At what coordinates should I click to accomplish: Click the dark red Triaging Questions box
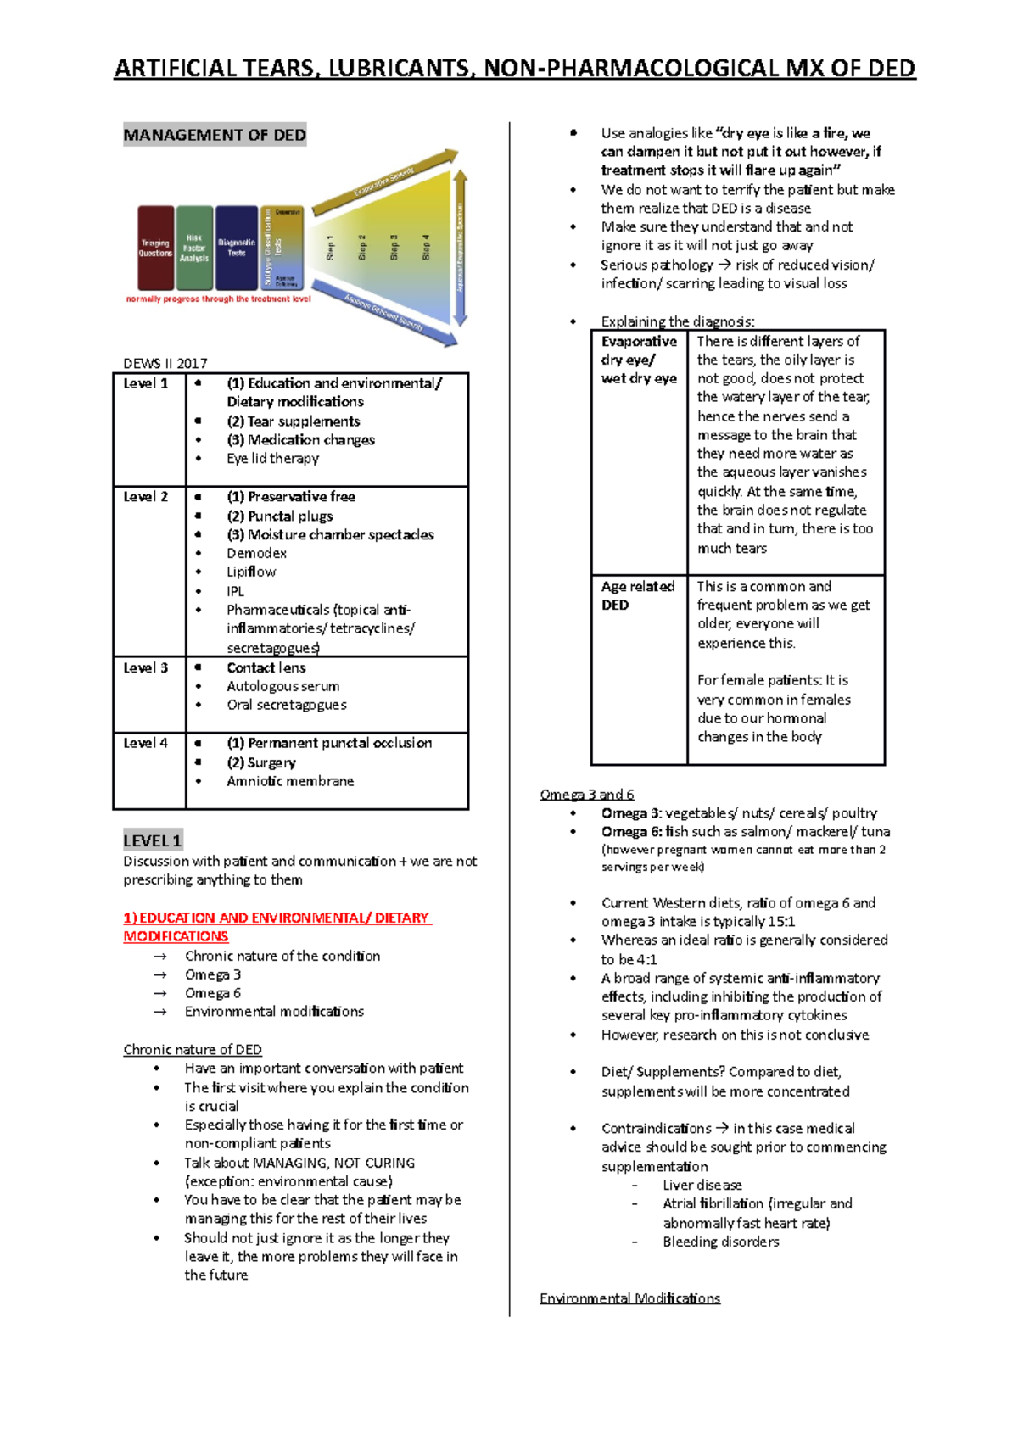point(155,247)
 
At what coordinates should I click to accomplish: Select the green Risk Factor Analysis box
point(194,248)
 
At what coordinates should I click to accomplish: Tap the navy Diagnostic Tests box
point(236,247)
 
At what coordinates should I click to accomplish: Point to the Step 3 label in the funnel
point(394,247)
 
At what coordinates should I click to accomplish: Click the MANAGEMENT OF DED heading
point(215,135)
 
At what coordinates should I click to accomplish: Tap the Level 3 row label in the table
point(146,668)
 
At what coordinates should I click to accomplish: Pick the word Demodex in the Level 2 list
point(256,553)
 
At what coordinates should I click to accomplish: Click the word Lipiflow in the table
point(251,572)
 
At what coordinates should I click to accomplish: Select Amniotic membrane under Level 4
point(290,781)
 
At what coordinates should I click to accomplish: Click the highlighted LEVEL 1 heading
point(152,840)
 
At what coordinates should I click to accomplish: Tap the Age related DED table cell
point(638,595)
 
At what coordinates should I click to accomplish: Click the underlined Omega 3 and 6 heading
point(587,795)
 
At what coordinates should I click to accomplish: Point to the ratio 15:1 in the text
point(780,922)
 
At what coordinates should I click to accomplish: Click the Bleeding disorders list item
point(720,1242)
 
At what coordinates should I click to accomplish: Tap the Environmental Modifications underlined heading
point(629,1298)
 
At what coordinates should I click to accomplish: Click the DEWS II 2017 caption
point(165,363)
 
